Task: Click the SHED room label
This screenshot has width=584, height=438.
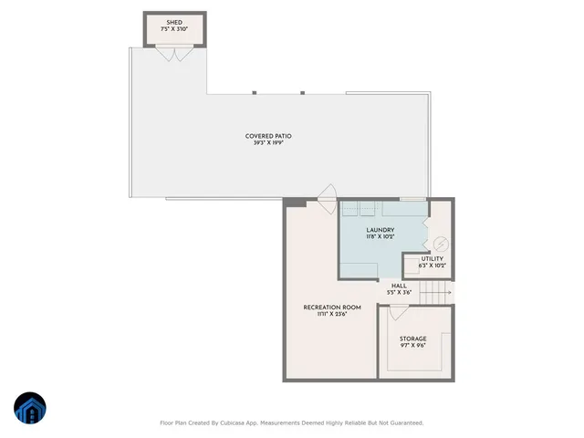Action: pos(174,22)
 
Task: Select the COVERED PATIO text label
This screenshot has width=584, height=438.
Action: pos(268,136)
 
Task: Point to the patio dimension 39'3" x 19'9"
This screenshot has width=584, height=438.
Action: pos(268,143)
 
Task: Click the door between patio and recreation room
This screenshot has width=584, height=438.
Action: pos(326,193)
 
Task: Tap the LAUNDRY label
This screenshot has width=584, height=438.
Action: pos(380,230)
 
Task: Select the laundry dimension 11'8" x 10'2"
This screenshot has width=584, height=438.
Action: pos(380,237)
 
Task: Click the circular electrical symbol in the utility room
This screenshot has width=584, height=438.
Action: pos(440,245)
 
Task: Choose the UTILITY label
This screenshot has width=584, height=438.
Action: pos(432,259)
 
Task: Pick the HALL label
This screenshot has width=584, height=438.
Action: pos(399,285)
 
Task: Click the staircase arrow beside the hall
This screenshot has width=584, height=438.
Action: pos(440,290)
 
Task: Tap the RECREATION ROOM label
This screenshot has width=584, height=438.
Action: pos(332,308)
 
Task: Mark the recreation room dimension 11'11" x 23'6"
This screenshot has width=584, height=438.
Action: pos(332,315)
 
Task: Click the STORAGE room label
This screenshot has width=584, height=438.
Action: pos(412,339)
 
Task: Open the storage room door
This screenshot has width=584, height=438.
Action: pos(399,312)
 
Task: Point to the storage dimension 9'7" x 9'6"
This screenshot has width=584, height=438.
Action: pos(412,346)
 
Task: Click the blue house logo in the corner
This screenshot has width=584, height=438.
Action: pos(31,410)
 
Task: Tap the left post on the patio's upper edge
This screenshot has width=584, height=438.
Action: pos(255,92)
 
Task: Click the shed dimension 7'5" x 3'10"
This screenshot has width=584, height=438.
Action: pos(174,29)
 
